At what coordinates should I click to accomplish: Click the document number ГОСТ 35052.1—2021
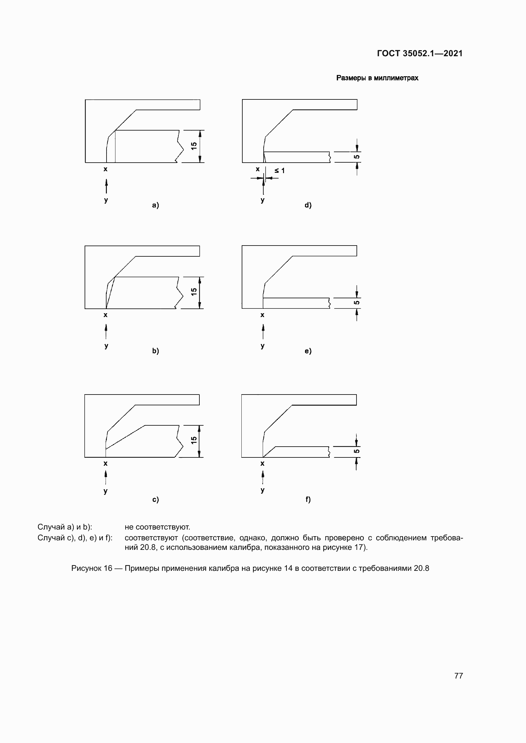[x=419, y=53]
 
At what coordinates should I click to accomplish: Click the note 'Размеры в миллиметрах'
[x=377, y=78]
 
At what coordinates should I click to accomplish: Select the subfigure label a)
[x=156, y=205]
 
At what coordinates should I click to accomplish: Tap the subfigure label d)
[x=308, y=205]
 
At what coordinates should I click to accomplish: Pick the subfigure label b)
[x=156, y=351]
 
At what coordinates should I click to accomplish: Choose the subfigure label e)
[x=308, y=351]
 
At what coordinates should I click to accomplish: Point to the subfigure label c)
[x=156, y=499]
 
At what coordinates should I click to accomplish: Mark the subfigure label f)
[x=308, y=499]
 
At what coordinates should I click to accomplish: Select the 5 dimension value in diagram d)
[x=356, y=157]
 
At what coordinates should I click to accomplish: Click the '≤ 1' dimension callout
[x=279, y=171]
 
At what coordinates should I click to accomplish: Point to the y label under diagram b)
[x=106, y=346]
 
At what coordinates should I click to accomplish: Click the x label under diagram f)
[x=262, y=463]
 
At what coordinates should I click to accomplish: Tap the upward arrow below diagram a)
[x=106, y=186]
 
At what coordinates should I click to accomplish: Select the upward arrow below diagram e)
[x=263, y=331]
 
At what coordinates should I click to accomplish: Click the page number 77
[x=458, y=676]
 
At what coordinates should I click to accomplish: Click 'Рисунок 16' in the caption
[x=92, y=568]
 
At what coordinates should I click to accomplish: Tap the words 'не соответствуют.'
[x=157, y=527]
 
